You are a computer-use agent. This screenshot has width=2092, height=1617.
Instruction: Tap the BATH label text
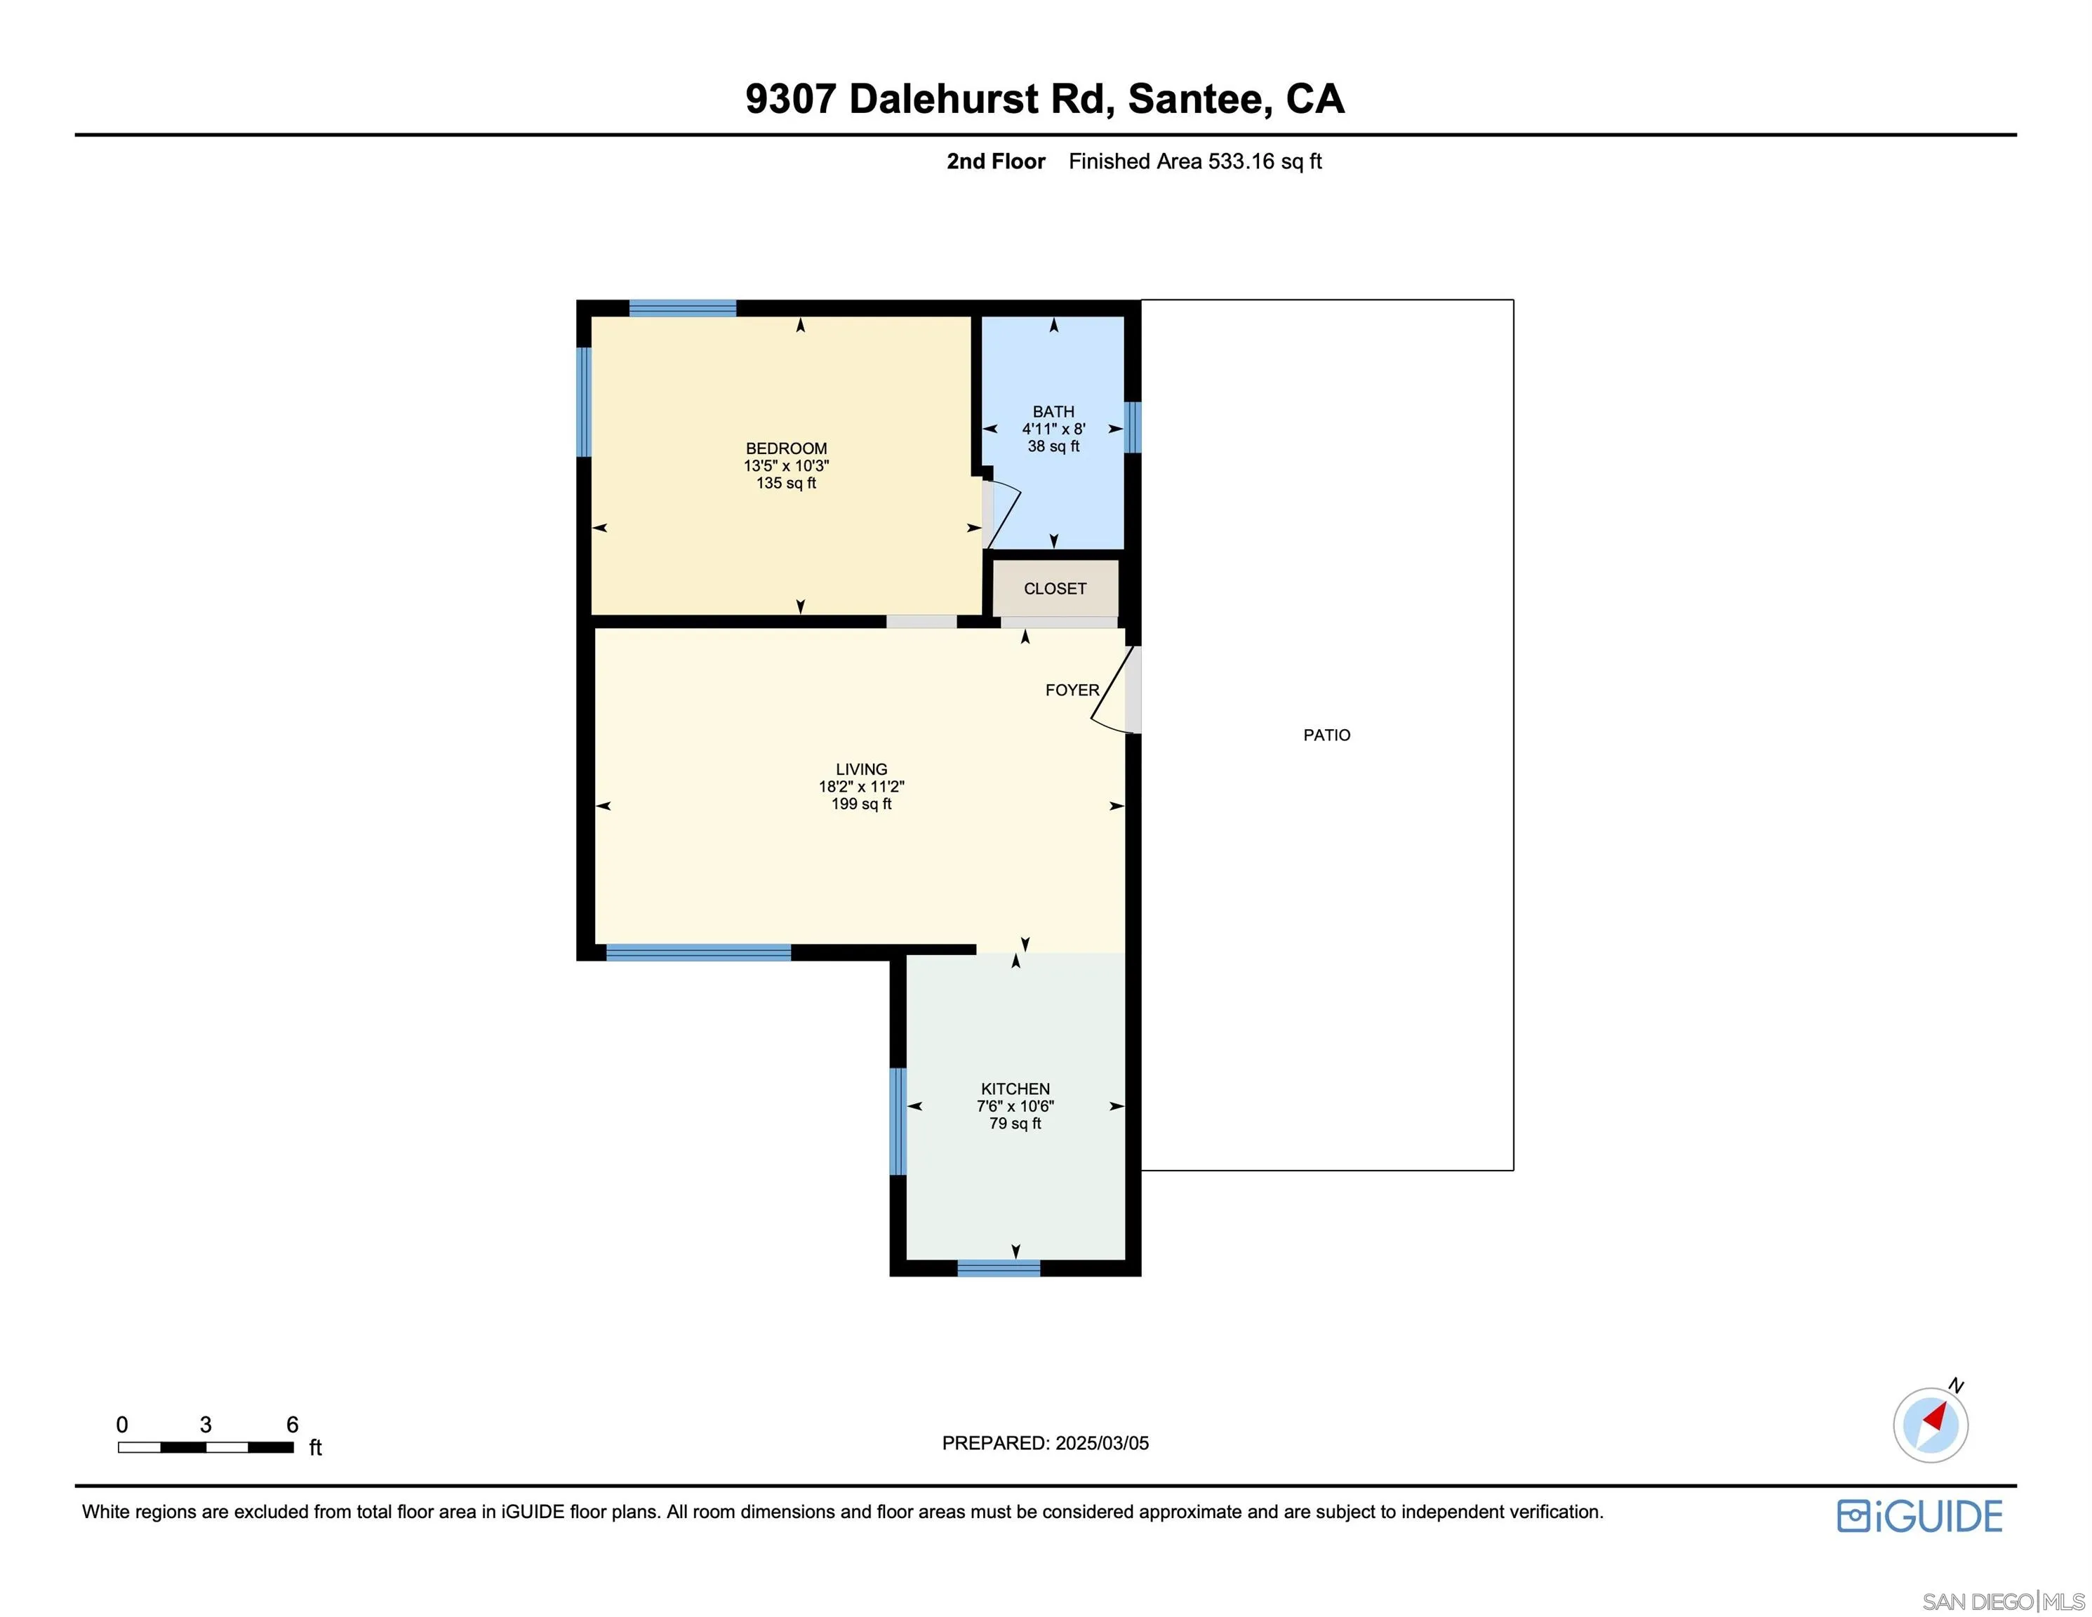point(1053,412)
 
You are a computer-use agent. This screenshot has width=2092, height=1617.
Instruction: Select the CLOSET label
point(1055,589)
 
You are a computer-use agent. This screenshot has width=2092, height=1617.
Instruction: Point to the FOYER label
point(1072,691)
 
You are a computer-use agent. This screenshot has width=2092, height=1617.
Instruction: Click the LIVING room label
point(861,769)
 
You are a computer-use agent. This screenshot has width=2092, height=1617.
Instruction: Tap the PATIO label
point(1326,736)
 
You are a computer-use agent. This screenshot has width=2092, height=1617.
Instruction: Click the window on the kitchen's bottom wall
point(998,1268)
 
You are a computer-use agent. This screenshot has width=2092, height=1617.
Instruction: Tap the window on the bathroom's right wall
point(1132,427)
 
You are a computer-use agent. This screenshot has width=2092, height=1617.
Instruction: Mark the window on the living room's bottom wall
point(698,952)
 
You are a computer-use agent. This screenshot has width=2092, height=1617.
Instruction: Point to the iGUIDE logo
point(1919,1517)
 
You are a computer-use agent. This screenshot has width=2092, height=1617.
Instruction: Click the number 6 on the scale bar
point(292,1425)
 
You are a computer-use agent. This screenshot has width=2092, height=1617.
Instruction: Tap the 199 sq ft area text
point(861,805)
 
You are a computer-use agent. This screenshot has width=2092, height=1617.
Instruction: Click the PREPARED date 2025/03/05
point(1102,1444)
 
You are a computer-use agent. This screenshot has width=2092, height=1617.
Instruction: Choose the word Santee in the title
point(1199,100)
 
